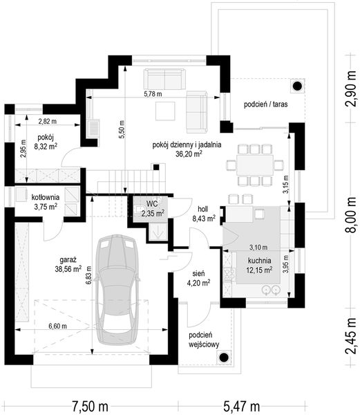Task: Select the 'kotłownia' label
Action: (46, 197)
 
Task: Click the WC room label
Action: (152, 203)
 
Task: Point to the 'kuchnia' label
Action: (259, 261)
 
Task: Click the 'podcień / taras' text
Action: (265, 104)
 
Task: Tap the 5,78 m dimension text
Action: (153, 93)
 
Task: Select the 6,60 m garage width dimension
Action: (57, 326)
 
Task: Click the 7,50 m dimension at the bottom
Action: (91, 406)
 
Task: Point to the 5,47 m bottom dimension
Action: (242, 406)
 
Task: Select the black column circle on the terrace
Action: (297, 86)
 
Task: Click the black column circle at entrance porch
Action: (224, 358)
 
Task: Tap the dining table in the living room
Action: (255, 165)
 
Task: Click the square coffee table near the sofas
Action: (165, 111)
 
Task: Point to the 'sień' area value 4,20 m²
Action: (198, 284)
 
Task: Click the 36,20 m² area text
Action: (189, 154)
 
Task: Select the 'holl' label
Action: (202, 209)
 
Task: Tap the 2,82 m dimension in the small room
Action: (48, 122)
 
